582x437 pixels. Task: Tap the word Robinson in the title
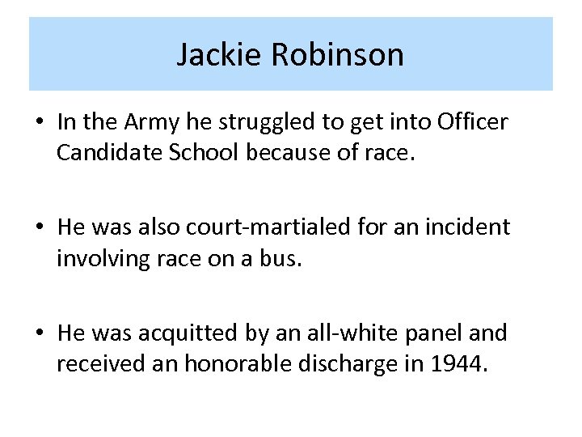[x=338, y=55]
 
